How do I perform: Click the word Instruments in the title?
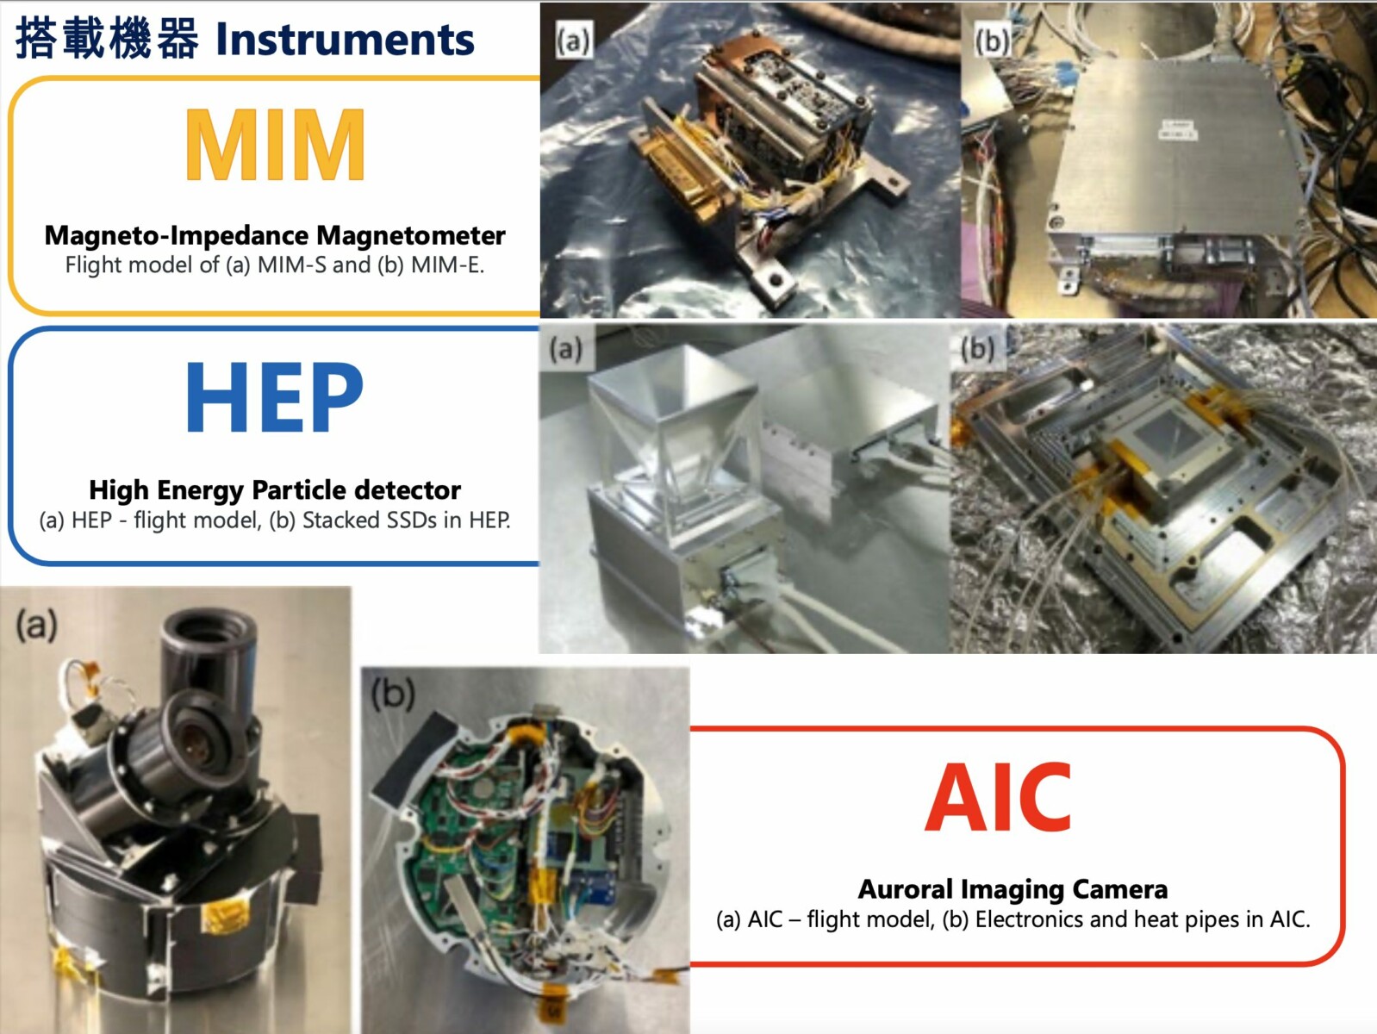(x=345, y=40)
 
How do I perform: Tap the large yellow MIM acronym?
(x=275, y=144)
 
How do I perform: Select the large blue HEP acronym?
(x=275, y=397)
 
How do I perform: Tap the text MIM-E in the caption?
(x=446, y=265)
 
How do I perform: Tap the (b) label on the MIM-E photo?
(x=992, y=41)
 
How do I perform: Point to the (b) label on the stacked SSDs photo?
(x=977, y=349)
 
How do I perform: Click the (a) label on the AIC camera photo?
(x=36, y=626)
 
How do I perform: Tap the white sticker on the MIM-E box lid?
(x=1177, y=130)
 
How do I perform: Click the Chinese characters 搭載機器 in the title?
(x=107, y=40)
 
